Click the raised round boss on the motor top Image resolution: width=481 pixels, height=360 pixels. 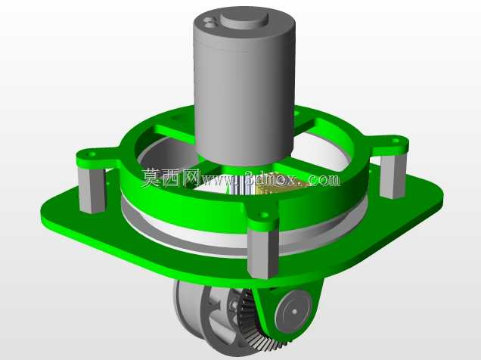coord(244,20)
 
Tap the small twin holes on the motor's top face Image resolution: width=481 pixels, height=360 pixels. coord(209,23)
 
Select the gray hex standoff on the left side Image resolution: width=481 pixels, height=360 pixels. coord(92,190)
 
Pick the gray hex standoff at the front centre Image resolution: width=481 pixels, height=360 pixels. coord(263,253)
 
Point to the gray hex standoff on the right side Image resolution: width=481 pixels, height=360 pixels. coord(393,175)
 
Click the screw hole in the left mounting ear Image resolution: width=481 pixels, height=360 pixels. coord(92,154)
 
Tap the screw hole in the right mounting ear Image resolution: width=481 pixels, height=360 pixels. coord(396,141)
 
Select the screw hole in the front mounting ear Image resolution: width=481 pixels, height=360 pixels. coord(264,215)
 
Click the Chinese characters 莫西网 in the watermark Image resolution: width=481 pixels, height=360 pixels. coord(171,178)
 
